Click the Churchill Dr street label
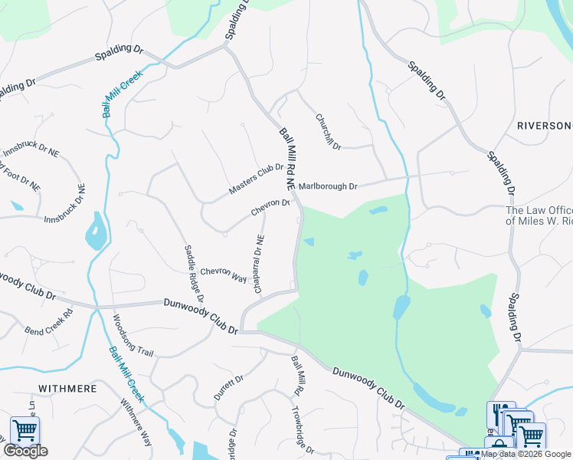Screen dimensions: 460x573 (x=328, y=132)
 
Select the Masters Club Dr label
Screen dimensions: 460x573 (x=256, y=179)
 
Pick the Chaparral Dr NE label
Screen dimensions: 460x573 (x=259, y=263)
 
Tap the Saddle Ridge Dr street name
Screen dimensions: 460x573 (x=194, y=272)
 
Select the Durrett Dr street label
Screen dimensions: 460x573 (x=228, y=387)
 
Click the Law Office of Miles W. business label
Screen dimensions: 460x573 (x=539, y=215)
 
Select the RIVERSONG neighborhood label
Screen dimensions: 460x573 (x=545, y=126)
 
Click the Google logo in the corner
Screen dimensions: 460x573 (x=25, y=451)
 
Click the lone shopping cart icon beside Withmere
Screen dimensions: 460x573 (x=25, y=431)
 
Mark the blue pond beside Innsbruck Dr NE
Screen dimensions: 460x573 (x=96, y=231)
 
